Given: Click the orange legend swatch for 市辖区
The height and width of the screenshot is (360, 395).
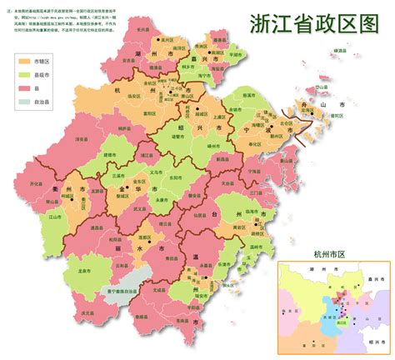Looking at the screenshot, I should (22, 62).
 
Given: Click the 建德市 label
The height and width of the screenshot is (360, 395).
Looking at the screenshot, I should (109, 156).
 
